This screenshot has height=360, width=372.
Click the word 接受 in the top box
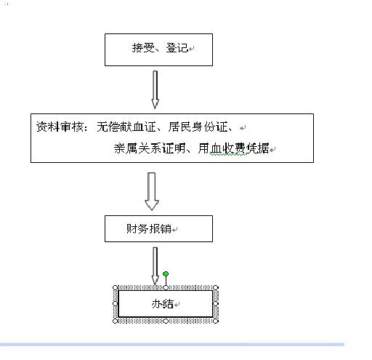143,48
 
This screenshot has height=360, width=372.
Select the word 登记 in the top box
177,48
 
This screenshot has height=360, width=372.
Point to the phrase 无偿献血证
126,127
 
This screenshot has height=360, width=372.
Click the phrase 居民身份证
198,127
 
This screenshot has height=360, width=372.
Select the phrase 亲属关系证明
150,148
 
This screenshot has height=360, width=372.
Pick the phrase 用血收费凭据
233,148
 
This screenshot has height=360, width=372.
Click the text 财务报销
149,228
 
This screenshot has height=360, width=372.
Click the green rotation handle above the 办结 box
166,274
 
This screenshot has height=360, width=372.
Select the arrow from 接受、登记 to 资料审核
155,89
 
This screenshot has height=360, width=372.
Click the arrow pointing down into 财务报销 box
152,191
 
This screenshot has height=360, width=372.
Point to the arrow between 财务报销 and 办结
155,265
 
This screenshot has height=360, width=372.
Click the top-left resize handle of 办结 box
116,288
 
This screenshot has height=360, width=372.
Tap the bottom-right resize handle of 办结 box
216,321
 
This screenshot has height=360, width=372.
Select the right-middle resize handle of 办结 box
216,303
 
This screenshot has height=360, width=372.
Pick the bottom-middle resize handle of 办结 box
166,321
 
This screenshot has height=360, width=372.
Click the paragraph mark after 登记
191,49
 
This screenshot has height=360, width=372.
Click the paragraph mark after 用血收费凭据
272,150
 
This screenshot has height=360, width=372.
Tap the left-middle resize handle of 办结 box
116,303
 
